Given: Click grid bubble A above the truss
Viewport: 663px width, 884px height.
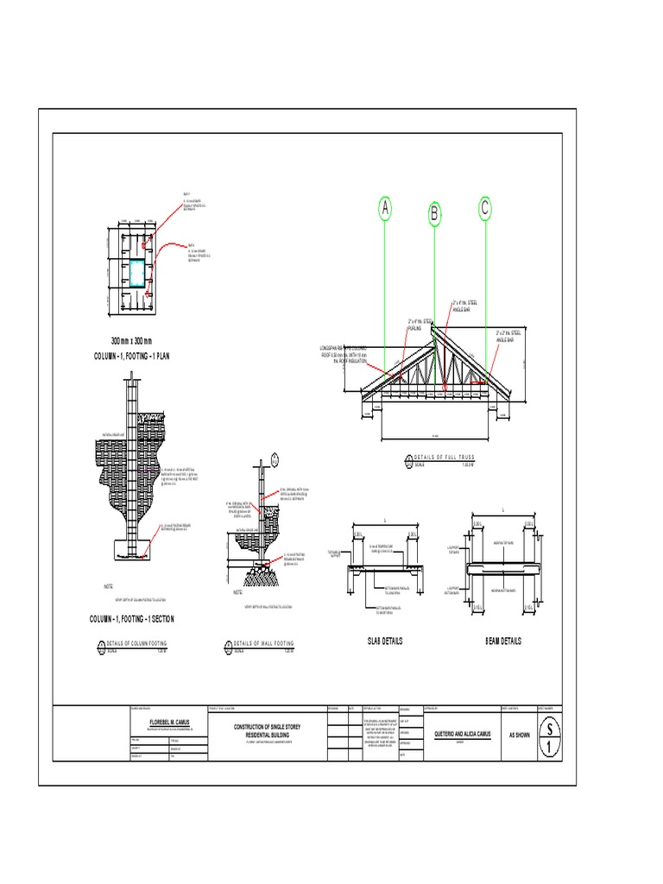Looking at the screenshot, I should [385, 209].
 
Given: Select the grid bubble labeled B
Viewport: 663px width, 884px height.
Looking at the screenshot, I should [435, 214].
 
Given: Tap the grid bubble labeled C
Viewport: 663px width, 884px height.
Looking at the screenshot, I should [485, 208].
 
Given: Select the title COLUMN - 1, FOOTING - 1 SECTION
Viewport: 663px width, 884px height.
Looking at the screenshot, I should [132, 619].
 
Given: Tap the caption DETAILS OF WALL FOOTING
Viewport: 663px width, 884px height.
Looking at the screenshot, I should [263, 644].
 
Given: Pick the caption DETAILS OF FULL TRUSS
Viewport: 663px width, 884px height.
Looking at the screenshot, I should [445, 457].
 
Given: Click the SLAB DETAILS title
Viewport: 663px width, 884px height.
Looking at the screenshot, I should [384, 641].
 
